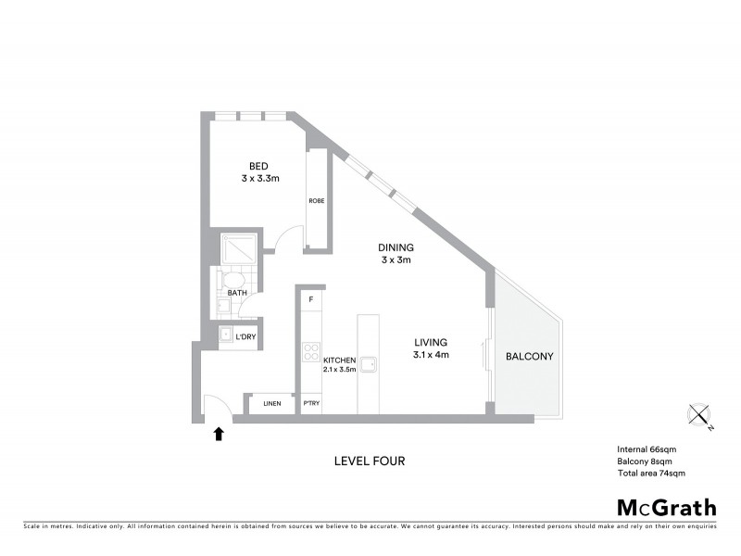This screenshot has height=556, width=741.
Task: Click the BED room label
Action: pyautogui.click(x=245, y=167)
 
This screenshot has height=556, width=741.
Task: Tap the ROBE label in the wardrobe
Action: pyautogui.click(x=316, y=199)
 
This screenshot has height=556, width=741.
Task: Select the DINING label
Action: pyautogui.click(x=396, y=247)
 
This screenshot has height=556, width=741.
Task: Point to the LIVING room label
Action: pyautogui.click(x=431, y=342)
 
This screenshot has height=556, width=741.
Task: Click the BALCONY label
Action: pyautogui.click(x=530, y=356)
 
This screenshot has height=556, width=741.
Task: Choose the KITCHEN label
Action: pyautogui.click(x=339, y=360)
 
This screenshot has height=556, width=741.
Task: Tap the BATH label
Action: pyautogui.click(x=237, y=293)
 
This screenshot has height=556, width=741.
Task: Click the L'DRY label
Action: pyautogui.click(x=245, y=335)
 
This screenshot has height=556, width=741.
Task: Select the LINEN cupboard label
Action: pyautogui.click(x=271, y=404)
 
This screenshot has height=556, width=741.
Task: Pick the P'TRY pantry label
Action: pyautogui.click(x=311, y=404)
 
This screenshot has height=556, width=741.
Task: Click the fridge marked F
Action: pyautogui.click(x=311, y=298)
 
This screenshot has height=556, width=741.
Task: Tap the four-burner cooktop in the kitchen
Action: pyautogui.click(x=310, y=353)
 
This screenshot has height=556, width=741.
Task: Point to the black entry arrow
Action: pyautogui.click(x=219, y=433)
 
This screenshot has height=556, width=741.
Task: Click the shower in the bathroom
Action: pyautogui.click(x=235, y=247)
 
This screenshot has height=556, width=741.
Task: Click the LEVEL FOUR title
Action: pyautogui.click(x=370, y=461)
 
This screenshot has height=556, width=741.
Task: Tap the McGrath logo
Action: pyautogui.click(x=666, y=507)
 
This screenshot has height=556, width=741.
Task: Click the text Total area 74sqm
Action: pyautogui.click(x=650, y=473)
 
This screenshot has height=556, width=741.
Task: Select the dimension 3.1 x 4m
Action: pyautogui.click(x=431, y=355)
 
